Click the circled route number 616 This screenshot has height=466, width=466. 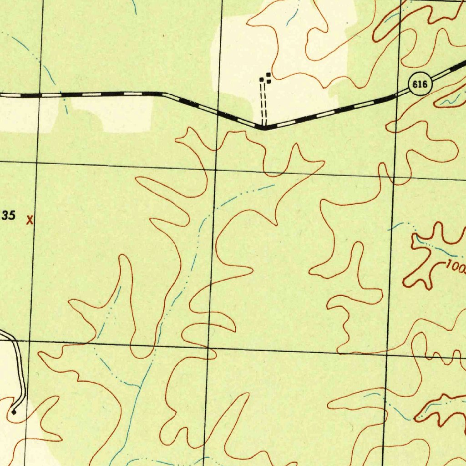420,84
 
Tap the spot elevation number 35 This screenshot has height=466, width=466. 9,215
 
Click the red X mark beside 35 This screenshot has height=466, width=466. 30,221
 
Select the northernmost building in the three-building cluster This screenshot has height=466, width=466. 268,75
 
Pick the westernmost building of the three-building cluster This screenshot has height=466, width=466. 261,80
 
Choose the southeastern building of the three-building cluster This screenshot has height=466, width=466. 269,81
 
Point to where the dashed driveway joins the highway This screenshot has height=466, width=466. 263,127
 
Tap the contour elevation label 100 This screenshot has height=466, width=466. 456,266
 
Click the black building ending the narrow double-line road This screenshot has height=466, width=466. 15,412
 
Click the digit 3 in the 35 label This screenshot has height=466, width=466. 5,215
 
